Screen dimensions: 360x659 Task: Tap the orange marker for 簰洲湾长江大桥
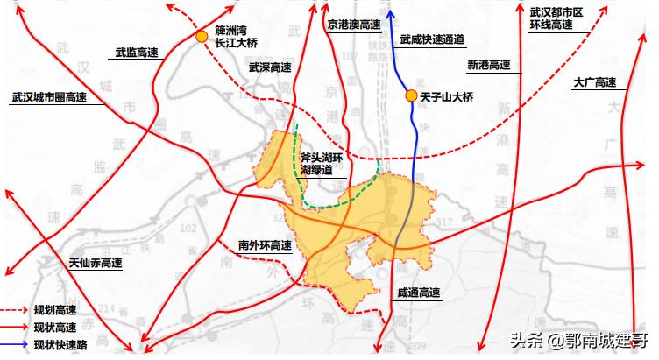point(202,37)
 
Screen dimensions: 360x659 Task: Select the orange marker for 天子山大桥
point(409,95)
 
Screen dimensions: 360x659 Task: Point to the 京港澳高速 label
point(354,25)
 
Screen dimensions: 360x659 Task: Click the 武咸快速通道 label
point(431,39)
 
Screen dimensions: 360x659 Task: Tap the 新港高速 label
point(487,65)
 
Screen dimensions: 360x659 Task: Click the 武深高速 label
point(270,67)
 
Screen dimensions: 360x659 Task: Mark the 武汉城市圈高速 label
point(49,98)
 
